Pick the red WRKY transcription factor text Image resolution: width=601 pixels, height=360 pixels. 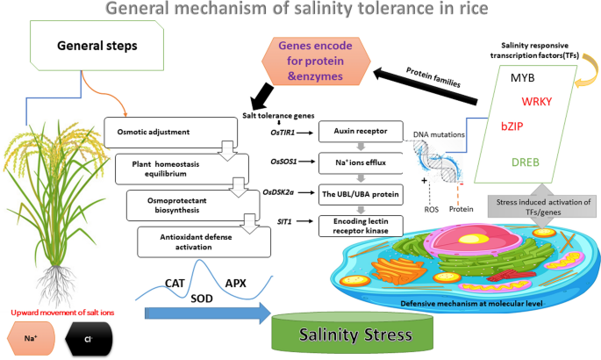coord(537,101)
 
